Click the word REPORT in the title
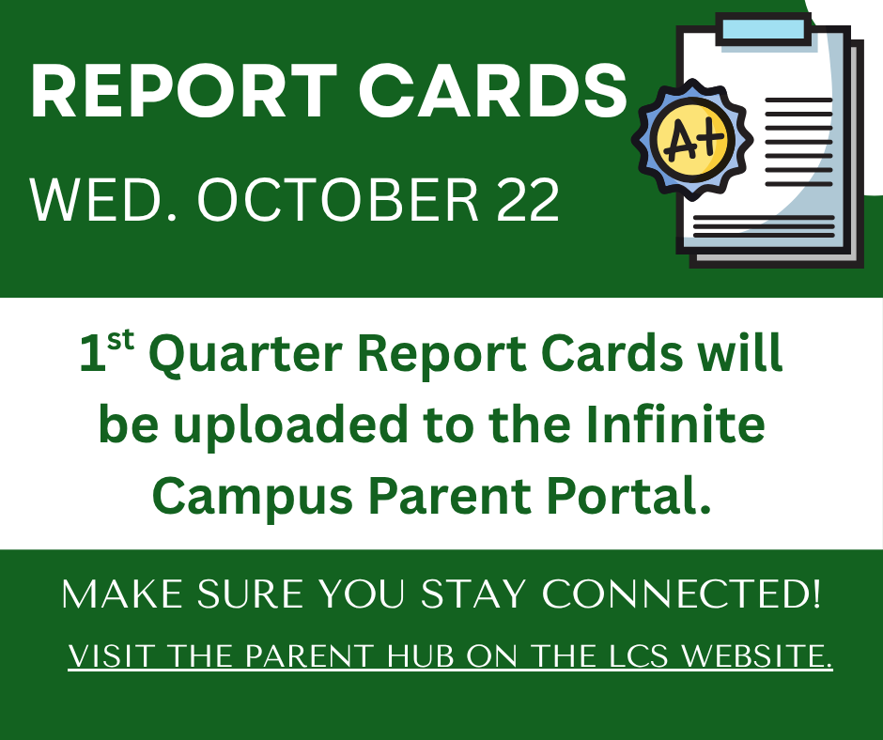click(184, 91)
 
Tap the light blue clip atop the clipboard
click(763, 29)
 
